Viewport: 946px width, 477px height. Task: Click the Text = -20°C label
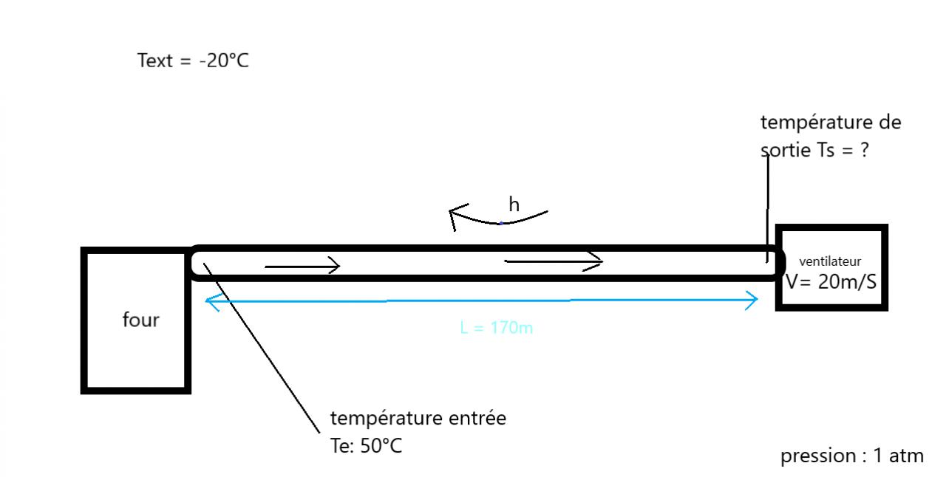[193, 61]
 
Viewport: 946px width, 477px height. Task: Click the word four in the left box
[140, 320]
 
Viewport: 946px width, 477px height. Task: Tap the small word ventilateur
[830, 261]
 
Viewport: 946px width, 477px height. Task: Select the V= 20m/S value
[831, 281]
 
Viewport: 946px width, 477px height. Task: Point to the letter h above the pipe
[514, 205]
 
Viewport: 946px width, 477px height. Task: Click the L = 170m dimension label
[496, 328]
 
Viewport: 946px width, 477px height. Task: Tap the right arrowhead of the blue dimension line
[752, 300]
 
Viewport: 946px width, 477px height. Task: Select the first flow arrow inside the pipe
[302, 266]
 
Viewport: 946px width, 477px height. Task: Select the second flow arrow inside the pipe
[554, 261]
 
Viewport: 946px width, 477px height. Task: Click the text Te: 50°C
[366, 446]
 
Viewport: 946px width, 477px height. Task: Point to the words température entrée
[418, 419]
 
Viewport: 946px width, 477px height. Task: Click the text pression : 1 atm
[851, 456]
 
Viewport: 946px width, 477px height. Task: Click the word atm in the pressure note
[907, 456]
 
